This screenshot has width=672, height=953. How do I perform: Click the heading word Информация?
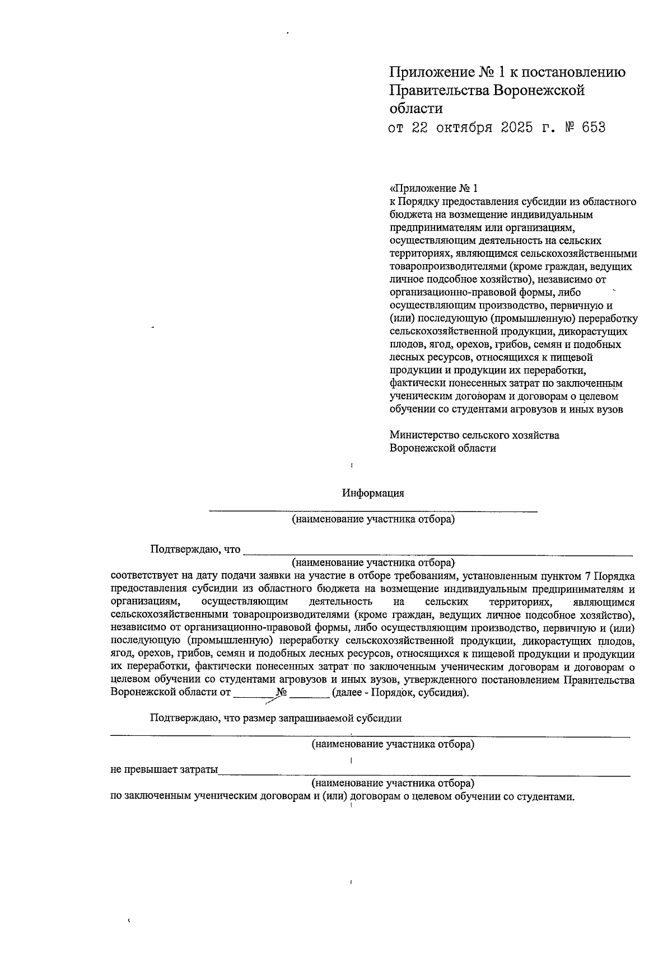point(373,493)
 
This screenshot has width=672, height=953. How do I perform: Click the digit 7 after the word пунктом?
point(586,576)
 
